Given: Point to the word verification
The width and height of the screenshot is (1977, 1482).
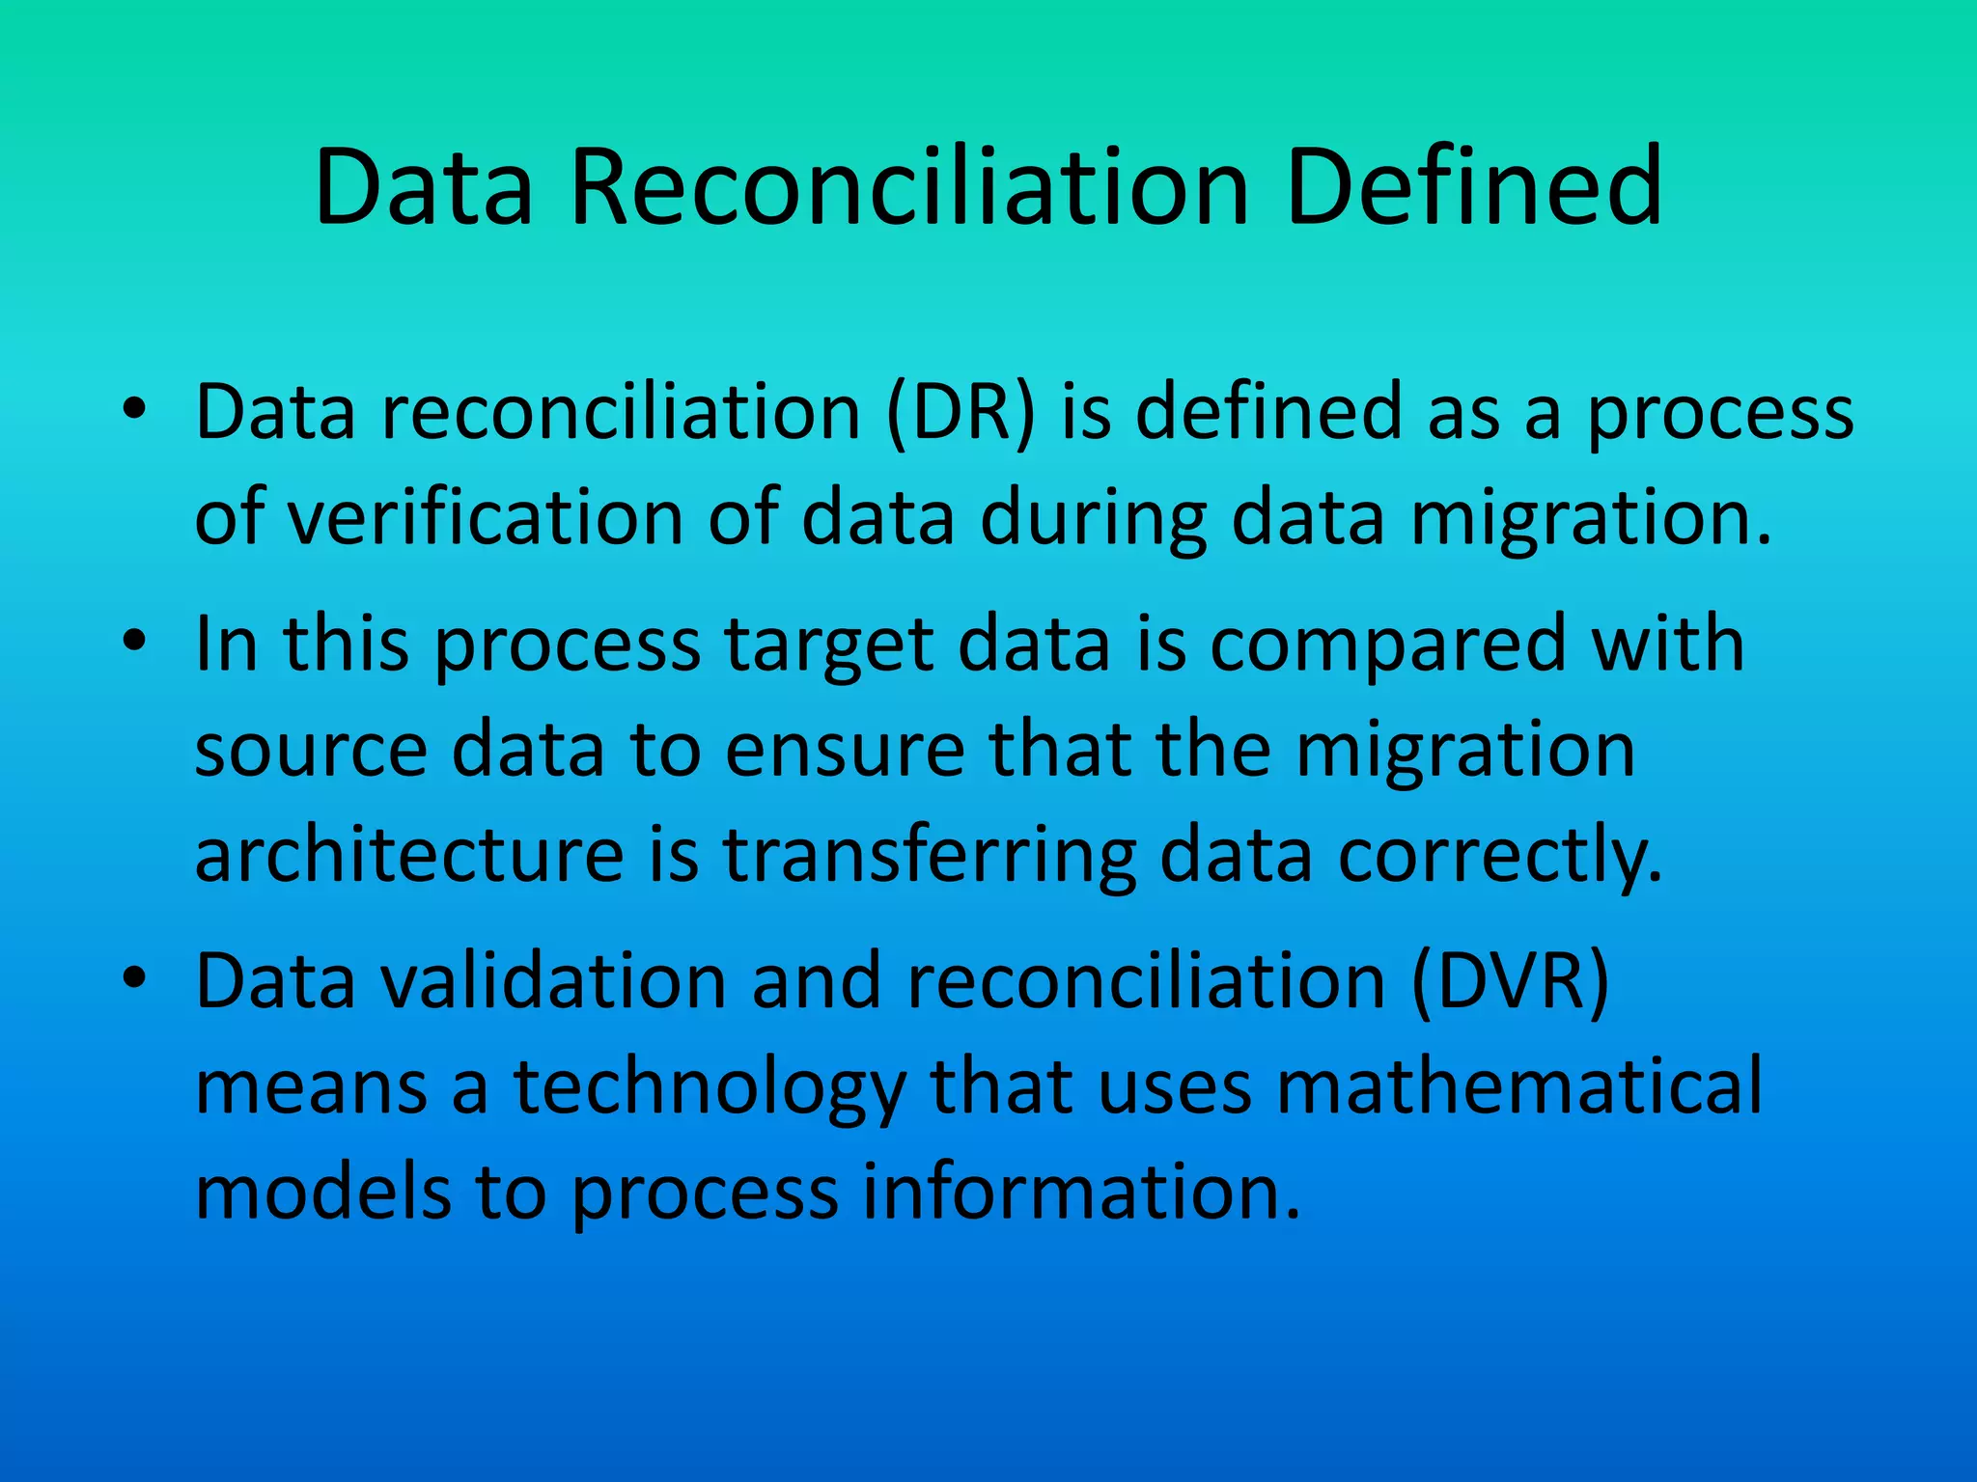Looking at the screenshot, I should coord(485,518).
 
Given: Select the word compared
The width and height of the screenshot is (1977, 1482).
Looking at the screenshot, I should coord(1388,646).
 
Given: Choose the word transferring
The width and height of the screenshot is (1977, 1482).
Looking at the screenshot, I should coord(930,857).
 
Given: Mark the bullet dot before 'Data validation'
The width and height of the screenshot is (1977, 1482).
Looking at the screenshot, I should coord(134,977).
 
